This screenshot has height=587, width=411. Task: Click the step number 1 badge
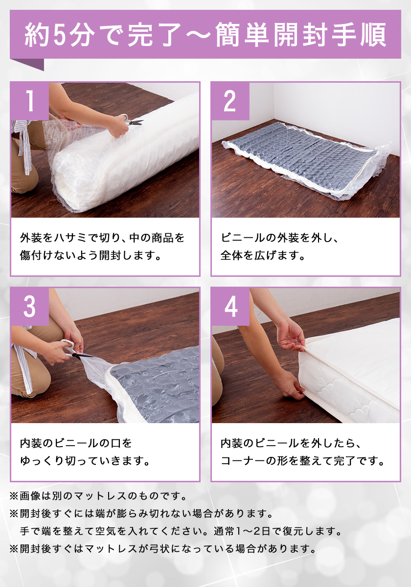30,101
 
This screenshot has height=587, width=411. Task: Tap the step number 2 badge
230,101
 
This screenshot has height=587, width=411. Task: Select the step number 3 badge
30,307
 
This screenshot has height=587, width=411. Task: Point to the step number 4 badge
230,307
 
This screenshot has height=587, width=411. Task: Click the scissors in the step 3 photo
75,350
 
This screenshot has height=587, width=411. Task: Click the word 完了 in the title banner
155,35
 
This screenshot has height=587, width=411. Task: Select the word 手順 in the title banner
359,35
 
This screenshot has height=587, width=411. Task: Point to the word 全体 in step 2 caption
231,255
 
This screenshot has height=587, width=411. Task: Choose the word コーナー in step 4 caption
243,461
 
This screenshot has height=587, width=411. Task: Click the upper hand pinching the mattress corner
291,336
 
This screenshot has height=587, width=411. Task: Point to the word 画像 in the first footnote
30,496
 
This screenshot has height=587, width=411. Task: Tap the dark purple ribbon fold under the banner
29,64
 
